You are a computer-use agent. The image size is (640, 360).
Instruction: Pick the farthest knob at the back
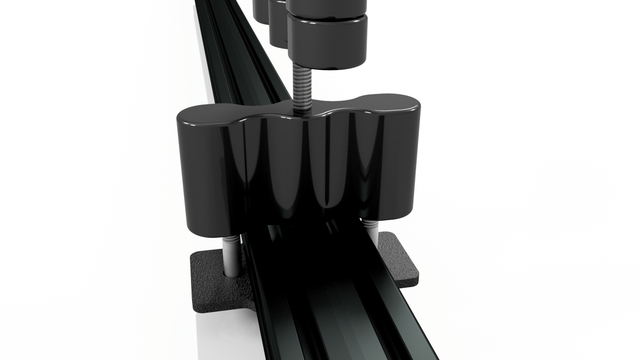[x=260, y=9]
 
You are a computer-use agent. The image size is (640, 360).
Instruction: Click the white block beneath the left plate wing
[x=221, y=332]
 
